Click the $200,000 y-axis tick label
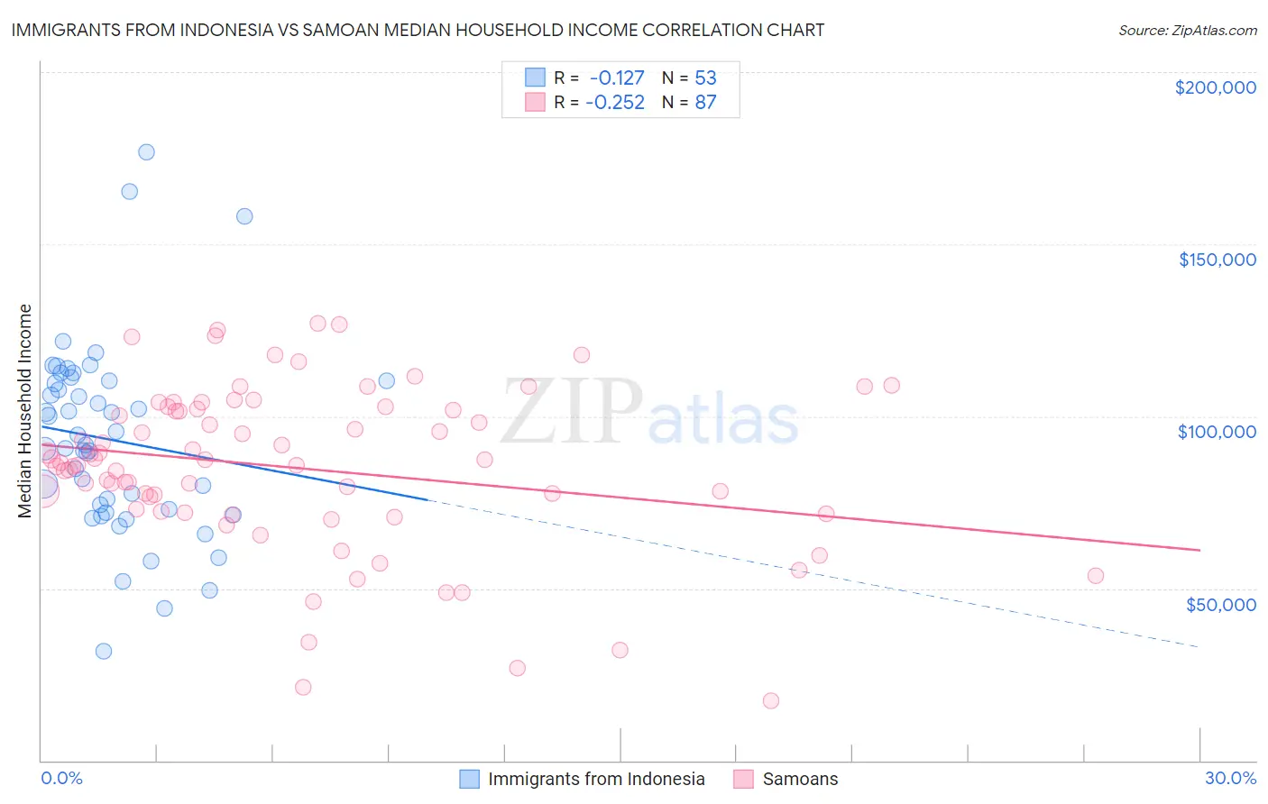point(1215,87)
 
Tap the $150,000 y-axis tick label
point(1217,260)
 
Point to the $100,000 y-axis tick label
point(1217,432)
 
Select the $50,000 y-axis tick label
point(1220,604)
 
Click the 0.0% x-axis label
point(61,778)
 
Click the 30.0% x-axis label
point(1230,778)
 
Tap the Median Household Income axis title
point(24,411)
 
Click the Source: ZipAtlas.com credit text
point(1187,31)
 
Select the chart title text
point(418,30)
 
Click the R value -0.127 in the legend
point(617,78)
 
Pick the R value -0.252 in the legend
point(615,103)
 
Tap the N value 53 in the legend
point(705,78)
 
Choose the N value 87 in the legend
point(705,103)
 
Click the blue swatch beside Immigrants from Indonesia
point(469,779)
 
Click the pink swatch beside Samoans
point(743,779)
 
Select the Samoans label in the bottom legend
point(800,779)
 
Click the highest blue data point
point(146,152)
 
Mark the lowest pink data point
point(770,700)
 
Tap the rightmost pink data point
point(1096,576)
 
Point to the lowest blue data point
point(104,651)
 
